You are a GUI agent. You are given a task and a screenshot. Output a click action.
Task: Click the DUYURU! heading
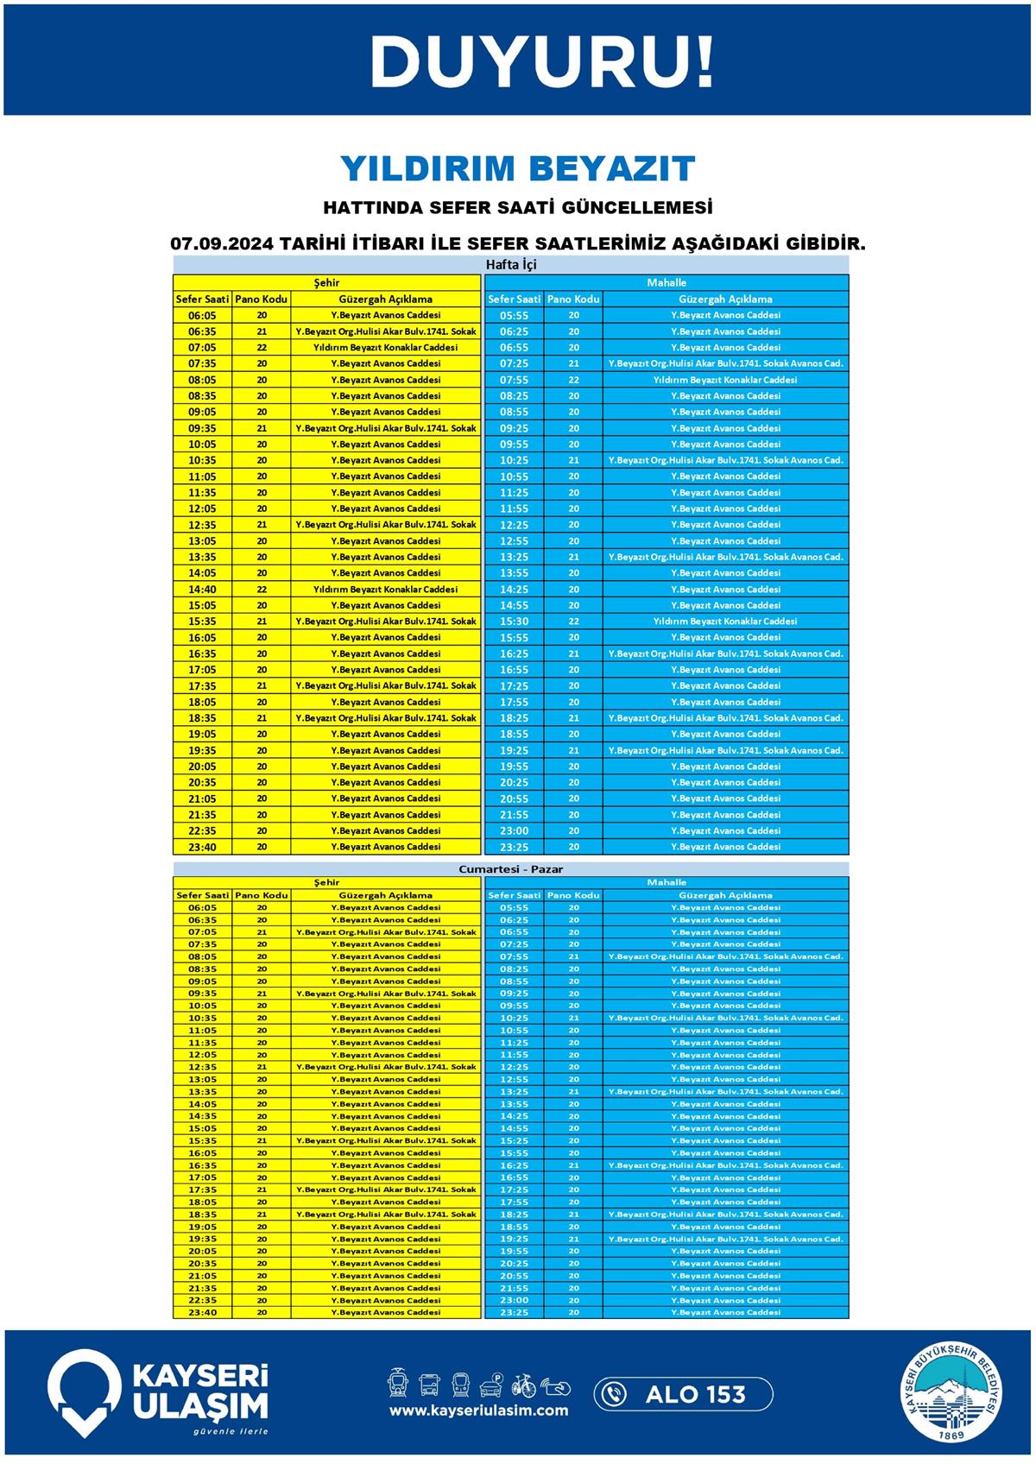(x=542, y=62)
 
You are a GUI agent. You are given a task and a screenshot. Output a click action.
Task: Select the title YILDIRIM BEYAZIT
(x=517, y=168)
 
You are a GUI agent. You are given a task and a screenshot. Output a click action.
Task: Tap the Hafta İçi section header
(x=511, y=265)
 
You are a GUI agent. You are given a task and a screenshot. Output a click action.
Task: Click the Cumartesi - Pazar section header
(x=511, y=869)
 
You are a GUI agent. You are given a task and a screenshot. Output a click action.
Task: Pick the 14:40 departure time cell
(x=202, y=590)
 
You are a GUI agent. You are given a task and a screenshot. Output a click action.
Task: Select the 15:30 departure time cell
(x=514, y=622)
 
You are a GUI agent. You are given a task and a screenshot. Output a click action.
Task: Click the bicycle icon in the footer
(x=523, y=1385)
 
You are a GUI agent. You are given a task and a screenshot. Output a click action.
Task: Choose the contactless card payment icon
(x=557, y=1387)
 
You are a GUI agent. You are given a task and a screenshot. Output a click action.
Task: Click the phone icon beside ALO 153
(x=614, y=1394)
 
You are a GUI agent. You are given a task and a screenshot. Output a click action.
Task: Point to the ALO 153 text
(x=695, y=1394)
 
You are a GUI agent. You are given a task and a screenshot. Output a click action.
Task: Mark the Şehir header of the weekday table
(x=326, y=282)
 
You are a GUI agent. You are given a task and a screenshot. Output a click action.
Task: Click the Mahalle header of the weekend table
(x=666, y=882)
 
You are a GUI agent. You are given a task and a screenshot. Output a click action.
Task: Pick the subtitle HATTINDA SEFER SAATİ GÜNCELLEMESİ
(x=517, y=208)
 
